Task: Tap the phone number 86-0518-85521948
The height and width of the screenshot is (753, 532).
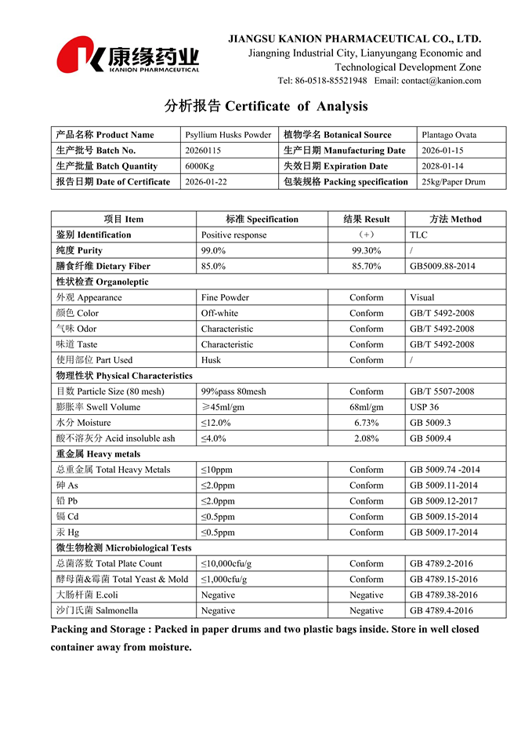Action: pyautogui.click(x=330, y=81)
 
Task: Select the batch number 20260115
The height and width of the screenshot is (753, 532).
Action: pyautogui.click(x=203, y=151)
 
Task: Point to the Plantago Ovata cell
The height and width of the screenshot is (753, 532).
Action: pyautogui.click(x=448, y=135)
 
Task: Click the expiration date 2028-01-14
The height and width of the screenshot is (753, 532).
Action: pyautogui.click(x=443, y=166)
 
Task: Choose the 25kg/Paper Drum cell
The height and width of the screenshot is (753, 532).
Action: pyautogui.click(x=453, y=182)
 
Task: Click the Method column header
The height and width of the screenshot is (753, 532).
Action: pyautogui.click(x=455, y=219)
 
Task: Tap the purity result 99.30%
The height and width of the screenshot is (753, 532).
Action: pyautogui.click(x=367, y=250)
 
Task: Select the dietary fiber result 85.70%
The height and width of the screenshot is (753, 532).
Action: pyautogui.click(x=367, y=266)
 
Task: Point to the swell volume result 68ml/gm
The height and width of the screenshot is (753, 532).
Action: pyautogui.click(x=367, y=407)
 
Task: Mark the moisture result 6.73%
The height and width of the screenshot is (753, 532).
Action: pyautogui.click(x=367, y=423)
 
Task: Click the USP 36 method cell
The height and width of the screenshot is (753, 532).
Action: pyautogui.click(x=424, y=407)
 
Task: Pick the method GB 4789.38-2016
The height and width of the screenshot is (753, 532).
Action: pyautogui.click(x=443, y=595)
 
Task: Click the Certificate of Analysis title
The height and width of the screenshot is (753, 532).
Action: pyautogui.click(x=266, y=106)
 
